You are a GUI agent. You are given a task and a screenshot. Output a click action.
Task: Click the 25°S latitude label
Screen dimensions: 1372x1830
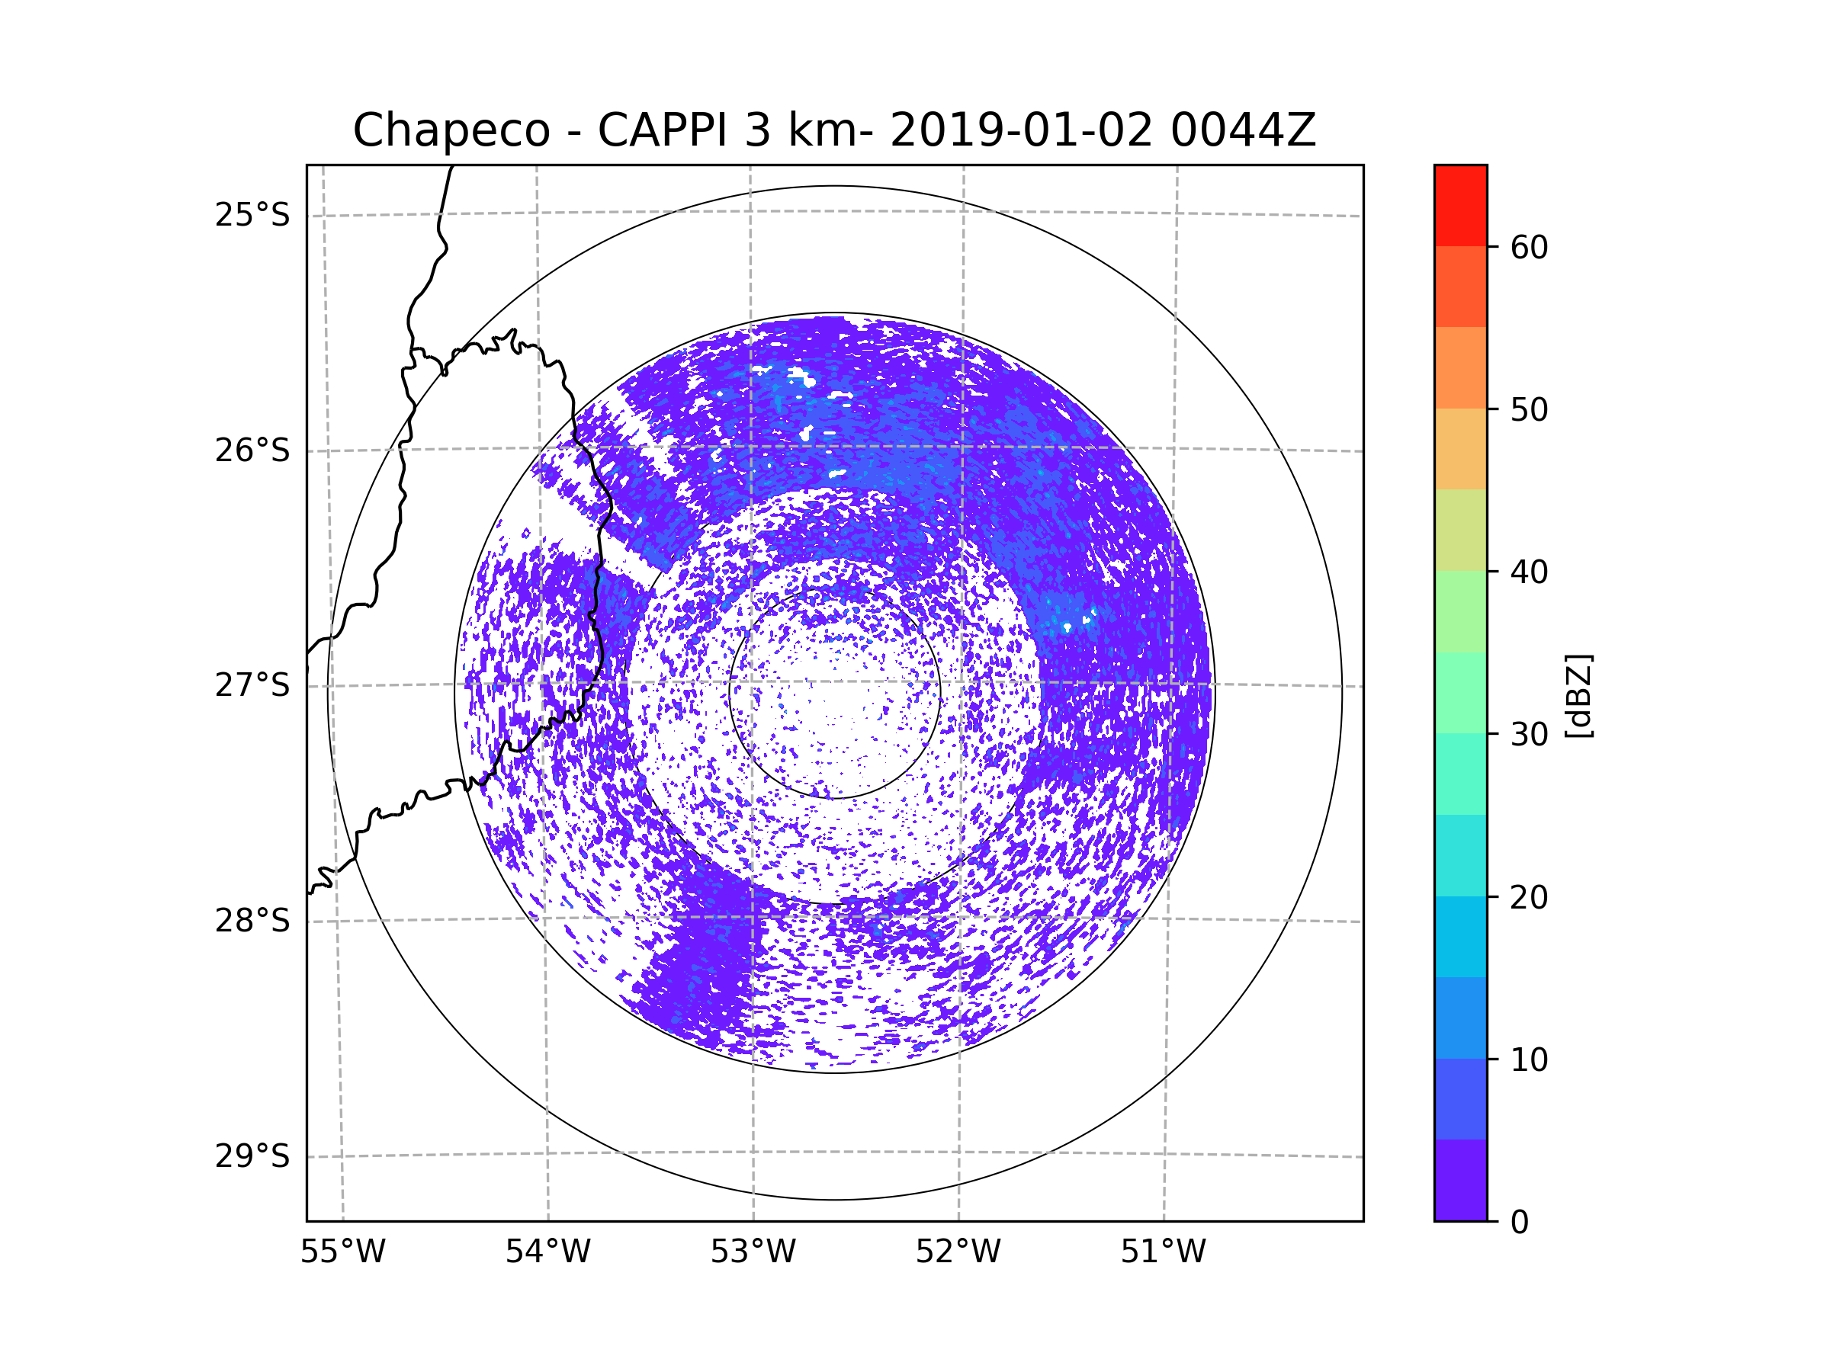pyautogui.click(x=252, y=215)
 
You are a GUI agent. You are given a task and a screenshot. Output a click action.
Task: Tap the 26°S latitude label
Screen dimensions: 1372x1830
pyautogui.click(x=252, y=450)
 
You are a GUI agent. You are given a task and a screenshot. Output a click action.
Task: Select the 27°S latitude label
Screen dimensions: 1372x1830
pyautogui.click(x=252, y=685)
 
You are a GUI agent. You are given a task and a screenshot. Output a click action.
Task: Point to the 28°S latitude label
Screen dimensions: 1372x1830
pyautogui.click(x=252, y=921)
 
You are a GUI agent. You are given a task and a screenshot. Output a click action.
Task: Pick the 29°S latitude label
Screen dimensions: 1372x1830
pyautogui.click(x=252, y=1156)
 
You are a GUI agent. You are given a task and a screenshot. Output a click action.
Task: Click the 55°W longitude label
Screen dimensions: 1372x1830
pyautogui.click(x=342, y=1252)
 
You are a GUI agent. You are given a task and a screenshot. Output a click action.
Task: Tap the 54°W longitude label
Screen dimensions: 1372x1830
pyautogui.click(x=547, y=1252)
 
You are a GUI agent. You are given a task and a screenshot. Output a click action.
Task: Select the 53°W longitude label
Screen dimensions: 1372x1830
pyautogui.click(x=753, y=1252)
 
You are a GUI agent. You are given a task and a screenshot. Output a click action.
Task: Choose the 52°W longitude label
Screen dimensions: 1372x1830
pyautogui.click(x=958, y=1252)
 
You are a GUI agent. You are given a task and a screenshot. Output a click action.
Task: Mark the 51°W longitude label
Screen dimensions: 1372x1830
pyautogui.click(x=1163, y=1252)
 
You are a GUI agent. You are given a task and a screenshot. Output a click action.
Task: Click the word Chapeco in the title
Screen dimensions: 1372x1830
pyautogui.click(x=451, y=130)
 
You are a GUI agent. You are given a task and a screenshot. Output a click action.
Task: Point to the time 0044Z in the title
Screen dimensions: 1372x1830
pyautogui.click(x=1242, y=130)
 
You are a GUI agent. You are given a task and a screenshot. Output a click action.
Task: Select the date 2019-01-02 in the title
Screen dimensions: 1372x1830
pyautogui.click(x=1021, y=130)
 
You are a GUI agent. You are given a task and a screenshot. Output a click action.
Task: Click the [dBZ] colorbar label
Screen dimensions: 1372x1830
pyautogui.click(x=1578, y=695)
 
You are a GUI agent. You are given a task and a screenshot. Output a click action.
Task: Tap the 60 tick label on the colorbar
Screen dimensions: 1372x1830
pyautogui.click(x=1529, y=247)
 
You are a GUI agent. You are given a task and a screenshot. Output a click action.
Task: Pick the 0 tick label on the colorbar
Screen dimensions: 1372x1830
pyautogui.click(x=1520, y=1223)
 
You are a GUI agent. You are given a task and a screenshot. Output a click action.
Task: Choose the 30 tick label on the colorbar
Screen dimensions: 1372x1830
pyautogui.click(x=1529, y=734)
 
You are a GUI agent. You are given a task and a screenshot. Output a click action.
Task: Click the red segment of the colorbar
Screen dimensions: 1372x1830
pyautogui.click(x=1460, y=205)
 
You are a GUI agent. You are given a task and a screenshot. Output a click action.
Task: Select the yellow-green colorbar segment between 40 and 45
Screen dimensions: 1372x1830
pyautogui.click(x=1460, y=530)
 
